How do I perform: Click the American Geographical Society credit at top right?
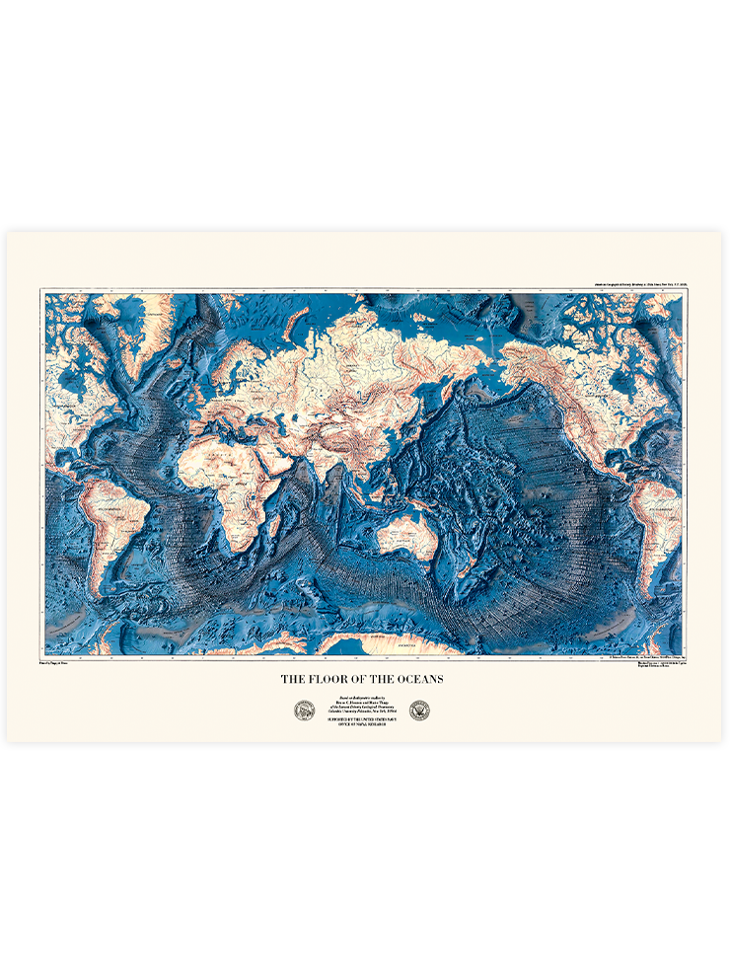(x=630, y=284)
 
